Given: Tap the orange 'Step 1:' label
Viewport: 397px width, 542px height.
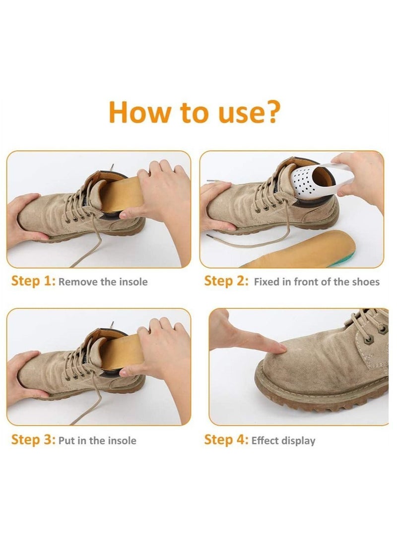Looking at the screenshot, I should pyautogui.click(x=33, y=281).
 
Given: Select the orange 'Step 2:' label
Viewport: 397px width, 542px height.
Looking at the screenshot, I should pyautogui.click(x=226, y=281).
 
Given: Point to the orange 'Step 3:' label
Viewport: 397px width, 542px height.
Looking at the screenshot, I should pyautogui.click(x=33, y=440).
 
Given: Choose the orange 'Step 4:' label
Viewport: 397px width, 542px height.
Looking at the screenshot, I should pyautogui.click(x=226, y=440).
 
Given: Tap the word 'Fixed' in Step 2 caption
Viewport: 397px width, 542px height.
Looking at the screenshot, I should pyautogui.click(x=266, y=282).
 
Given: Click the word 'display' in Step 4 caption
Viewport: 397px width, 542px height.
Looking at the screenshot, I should pyautogui.click(x=298, y=441).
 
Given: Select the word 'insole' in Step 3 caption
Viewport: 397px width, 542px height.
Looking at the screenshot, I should pyautogui.click(x=122, y=441).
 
